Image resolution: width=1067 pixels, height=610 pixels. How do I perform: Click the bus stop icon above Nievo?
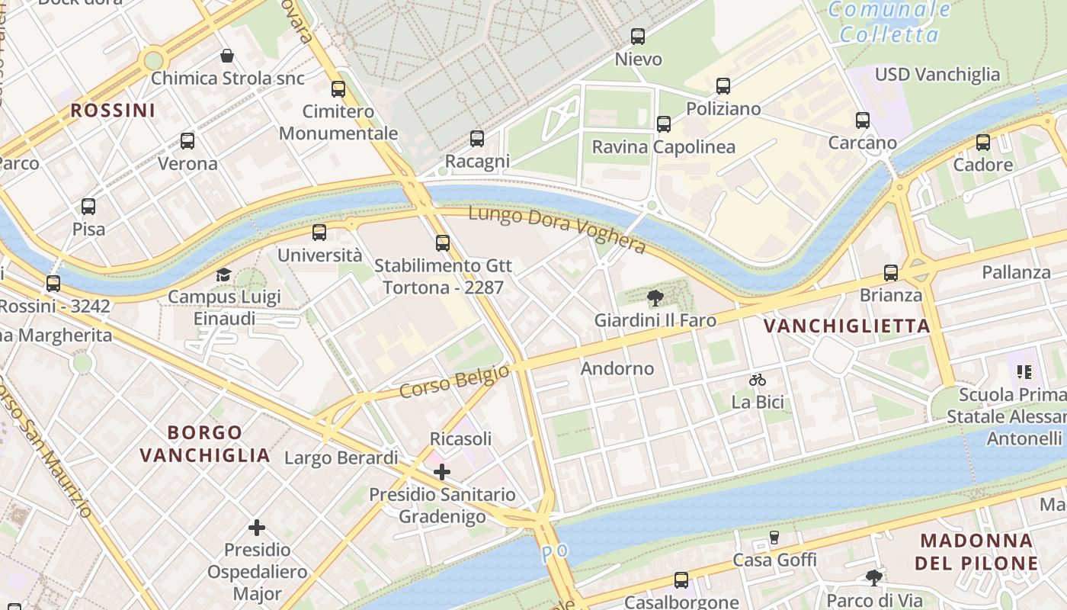click(x=638, y=36)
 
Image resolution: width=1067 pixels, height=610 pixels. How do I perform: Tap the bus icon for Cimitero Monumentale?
click(x=338, y=89)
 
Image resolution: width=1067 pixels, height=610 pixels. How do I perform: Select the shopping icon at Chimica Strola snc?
click(x=227, y=56)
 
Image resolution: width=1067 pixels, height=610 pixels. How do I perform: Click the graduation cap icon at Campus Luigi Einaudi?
click(x=223, y=274)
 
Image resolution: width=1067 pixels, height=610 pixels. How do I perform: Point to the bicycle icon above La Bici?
click(x=757, y=379)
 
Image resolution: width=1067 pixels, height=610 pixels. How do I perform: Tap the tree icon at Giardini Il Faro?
click(x=654, y=298)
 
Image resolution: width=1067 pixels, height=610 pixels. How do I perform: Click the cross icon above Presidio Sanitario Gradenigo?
click(x=442, y=472)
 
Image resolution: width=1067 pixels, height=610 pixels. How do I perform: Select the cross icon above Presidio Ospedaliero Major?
click(x=257, y=527)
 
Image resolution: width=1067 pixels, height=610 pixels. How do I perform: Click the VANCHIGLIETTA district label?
click(x=847, y=326)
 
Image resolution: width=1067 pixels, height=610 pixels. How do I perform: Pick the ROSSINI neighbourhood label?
click(x=113, y=111)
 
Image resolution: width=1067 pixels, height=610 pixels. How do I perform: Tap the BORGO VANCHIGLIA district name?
click(x=205, y=444)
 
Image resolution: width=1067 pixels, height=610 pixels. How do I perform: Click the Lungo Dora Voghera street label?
click(x=557, y=230)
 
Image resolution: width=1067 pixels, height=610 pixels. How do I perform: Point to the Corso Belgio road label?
click(x=454, y=381)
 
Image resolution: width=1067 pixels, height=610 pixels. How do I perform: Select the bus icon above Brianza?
click(x=890, y=273)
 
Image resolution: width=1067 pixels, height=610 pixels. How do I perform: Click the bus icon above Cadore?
click(x=983, y=143)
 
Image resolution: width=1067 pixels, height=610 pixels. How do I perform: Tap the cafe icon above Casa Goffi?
click(x=774, y=538)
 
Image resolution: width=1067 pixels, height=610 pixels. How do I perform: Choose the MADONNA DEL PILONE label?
click(x=978, y=552)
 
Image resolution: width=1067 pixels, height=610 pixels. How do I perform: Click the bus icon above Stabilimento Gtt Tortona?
click(x=443, y=243)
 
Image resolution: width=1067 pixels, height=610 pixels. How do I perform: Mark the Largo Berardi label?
click(x=341, y=457)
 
